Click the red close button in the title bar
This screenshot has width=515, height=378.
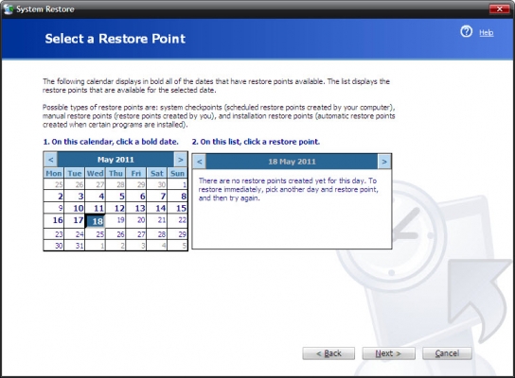pos(499,9)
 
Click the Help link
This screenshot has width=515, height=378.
pos(486,32)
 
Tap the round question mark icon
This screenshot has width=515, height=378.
pos(466,31)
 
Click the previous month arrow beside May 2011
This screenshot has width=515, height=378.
pos(51,160)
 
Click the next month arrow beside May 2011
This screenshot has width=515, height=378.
pos(180,160)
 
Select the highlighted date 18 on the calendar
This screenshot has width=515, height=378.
pos(96,221)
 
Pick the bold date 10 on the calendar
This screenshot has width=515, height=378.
pos(79,208)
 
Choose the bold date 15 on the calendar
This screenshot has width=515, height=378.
pos(181,208)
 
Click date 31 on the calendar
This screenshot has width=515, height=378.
pos(80,246)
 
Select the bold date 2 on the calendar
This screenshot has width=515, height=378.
pos(60,197)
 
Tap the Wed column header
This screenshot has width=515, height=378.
pos(95,173)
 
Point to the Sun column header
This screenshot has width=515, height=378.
pos(177,173)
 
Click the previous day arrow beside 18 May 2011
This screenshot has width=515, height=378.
pos(200,162)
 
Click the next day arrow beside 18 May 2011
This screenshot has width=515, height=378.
pos(384,162)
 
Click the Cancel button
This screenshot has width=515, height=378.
pos(447,353)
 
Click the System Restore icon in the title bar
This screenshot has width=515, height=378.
pos(9,9)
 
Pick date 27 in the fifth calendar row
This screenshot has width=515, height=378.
pos(141,234)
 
